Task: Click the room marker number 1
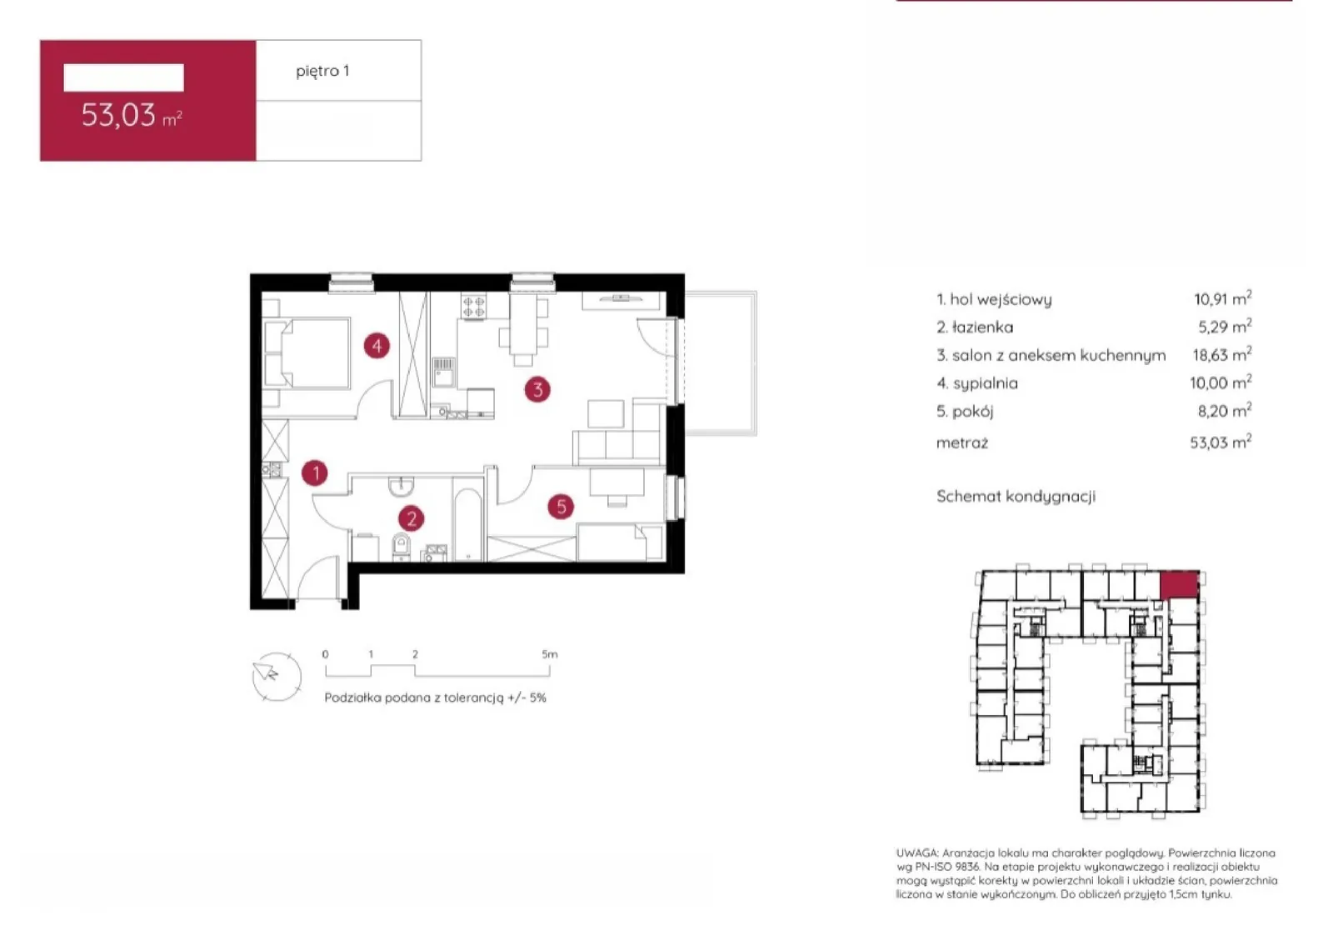pos(315,473)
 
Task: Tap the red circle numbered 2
pos(412,519)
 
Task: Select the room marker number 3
pos(537,390)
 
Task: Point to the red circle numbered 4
pos(377,346)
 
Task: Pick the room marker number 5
pos(561,507)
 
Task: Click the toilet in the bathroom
pos(402,547)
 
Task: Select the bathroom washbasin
pos(402,486)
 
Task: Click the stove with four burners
pos(474,307)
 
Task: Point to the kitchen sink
pos(443,372)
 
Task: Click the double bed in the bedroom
pos(307,353)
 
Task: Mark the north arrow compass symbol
pos(276,676)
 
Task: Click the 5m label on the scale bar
pos(550,654)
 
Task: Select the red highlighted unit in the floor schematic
pos(1180,585)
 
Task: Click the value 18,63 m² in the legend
pos(1222,355)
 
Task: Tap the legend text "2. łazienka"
pos(975,327)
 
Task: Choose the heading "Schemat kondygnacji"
pos(1016,497)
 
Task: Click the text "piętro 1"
pos(322,71)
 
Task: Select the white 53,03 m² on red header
pos(132,115)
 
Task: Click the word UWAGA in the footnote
pos(917,853)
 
